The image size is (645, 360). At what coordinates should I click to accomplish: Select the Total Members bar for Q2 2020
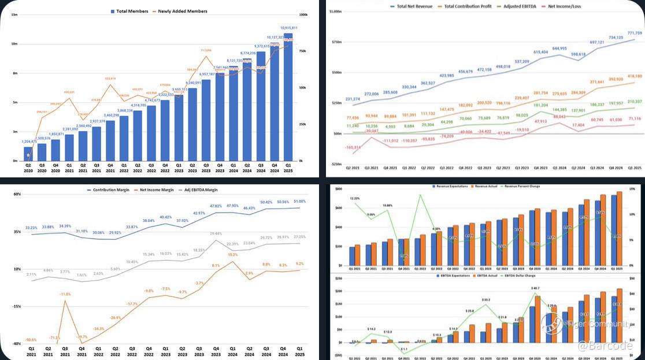click(28, 154)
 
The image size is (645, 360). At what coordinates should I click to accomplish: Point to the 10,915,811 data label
click(288, 28)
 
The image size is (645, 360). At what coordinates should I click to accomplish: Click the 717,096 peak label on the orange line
click(206, 50)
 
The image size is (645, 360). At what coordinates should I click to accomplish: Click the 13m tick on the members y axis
click(14, 14)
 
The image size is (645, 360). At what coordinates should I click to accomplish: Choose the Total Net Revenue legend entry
click(414, 6)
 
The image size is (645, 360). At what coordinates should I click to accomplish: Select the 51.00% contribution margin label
click(299, 201)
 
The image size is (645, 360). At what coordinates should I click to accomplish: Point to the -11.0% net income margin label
click(65, 294)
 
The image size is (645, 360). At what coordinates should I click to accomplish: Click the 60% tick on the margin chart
click(17, 194)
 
